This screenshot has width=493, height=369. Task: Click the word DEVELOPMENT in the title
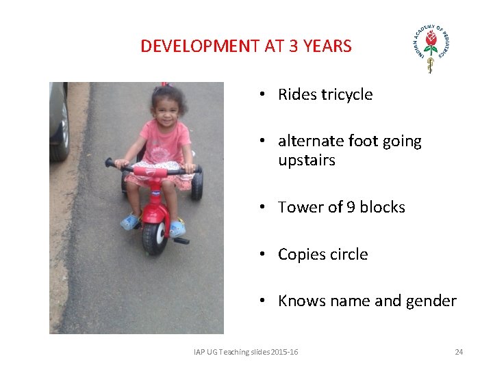tap(199, 46)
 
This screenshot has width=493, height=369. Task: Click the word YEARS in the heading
tap(327, 46)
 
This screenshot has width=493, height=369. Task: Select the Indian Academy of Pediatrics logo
tap(430, 48)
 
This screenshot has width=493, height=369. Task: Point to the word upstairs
tap(306, 161)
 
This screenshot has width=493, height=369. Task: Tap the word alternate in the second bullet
tap(310, 141)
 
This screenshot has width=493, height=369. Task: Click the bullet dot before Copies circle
tap(263, 255)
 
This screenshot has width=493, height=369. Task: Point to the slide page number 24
tap(459, 352)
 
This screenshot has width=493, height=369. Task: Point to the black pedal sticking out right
tap(181, 241)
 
